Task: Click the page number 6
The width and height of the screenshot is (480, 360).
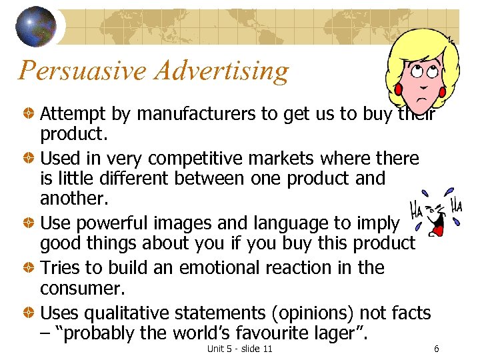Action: click(x=436, y=349)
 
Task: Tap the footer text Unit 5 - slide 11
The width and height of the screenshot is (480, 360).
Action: click(x=239, y=349)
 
